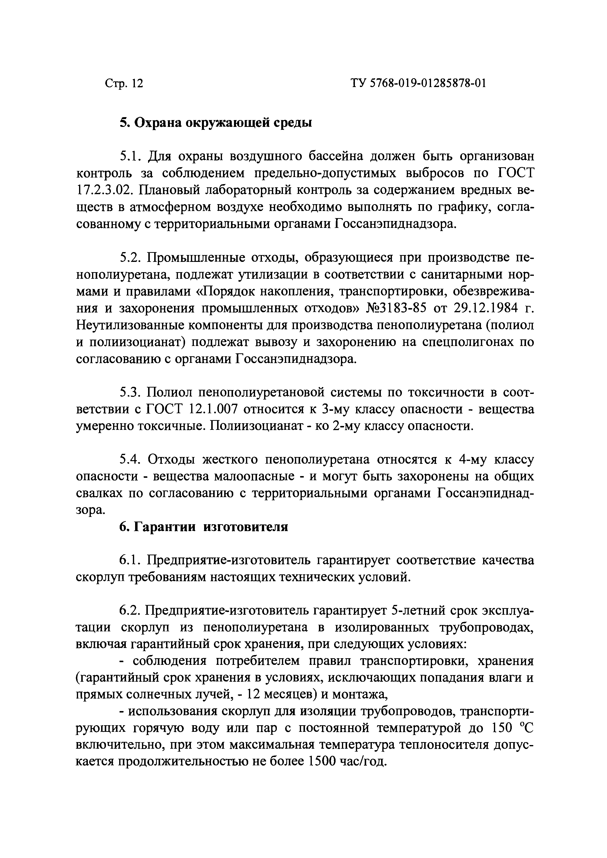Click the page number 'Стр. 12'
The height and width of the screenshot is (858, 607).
(124, 83)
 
